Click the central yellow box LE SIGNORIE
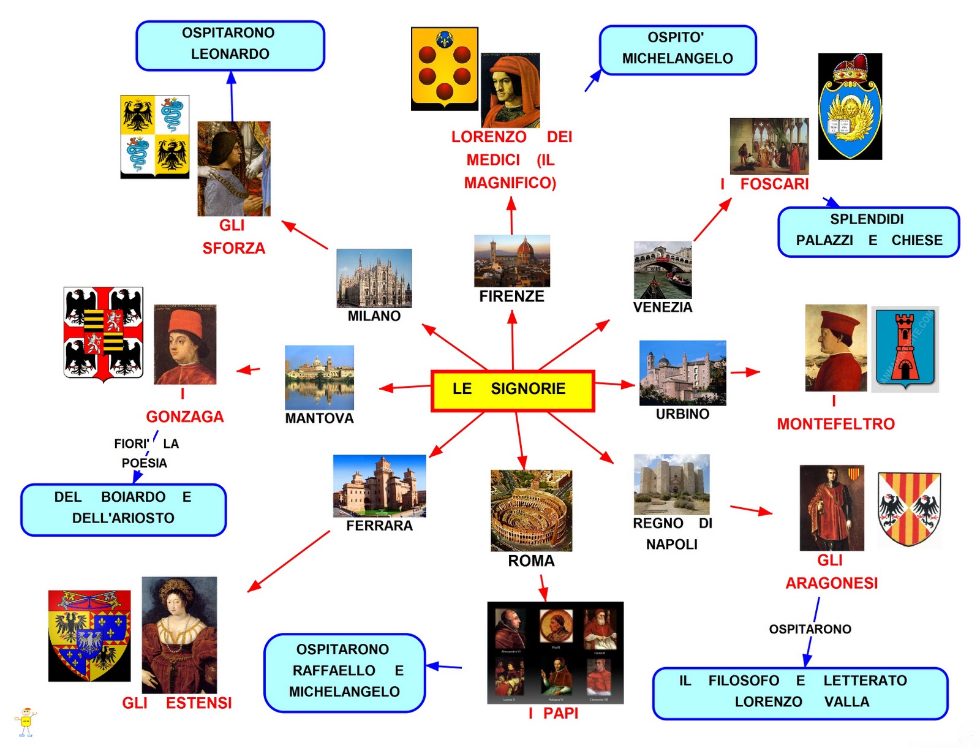pyautogui.click(x=513, y=390)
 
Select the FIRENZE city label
pyautogui.click(x=511, y=297)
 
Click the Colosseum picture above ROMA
pyautogui.click(x=531, y=510)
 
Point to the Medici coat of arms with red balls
pyautogui.click(x=444, y=68)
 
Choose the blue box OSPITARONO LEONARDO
pyautogui.click(x=230, y=45)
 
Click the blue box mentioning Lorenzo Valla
pyautogui.click(x=800, y=692)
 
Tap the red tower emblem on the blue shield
pyautogui.click(x=904, y=347)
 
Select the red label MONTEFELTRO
pyautogui.click(x=835, y=424)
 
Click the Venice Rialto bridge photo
pyautogui.click(x=663, y=270)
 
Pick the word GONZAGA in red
pyautogui.click(x=184, y=417)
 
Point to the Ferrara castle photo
pyautogui.click(x=379, y=486)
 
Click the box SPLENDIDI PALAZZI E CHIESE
pyautogui.click(x=868, y=231)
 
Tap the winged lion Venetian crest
pyautogui.click(x=850, y=107)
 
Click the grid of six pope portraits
pyautogui.click(x=555, y=652)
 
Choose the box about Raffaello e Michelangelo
pyautogui.click(x=344, y=672)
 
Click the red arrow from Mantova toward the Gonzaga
pyautogui.click(x=249, y=370)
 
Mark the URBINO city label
pyautogui.click(x=682, y=414)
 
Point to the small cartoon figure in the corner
pyautogui.click(x=25, y=722)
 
